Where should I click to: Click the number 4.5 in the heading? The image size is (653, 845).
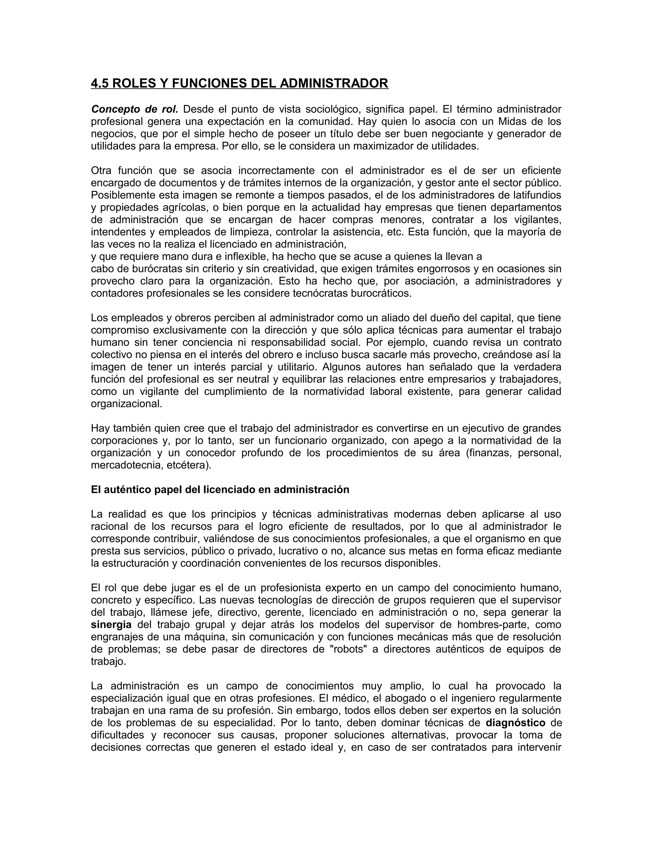pos(100,84)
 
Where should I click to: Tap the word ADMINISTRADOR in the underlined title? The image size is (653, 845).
pos(334,84)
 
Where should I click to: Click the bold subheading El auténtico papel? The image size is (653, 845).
pos(220,490)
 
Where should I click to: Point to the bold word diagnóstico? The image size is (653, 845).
pos(515,723)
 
